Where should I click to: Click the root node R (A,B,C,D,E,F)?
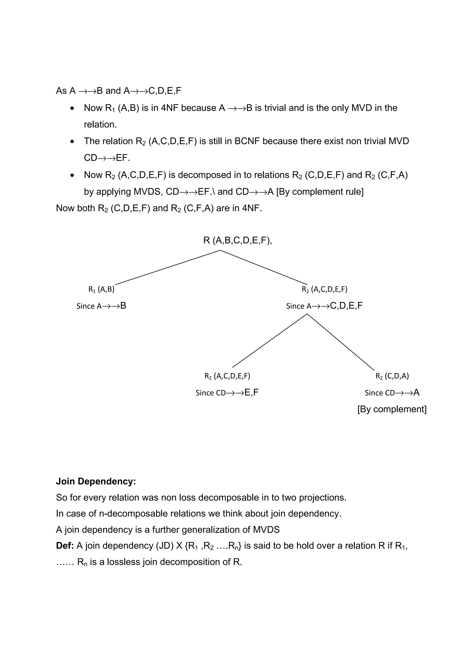[237, 241]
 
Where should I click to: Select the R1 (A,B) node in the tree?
[101, 289]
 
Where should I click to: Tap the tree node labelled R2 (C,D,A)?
[392, 376]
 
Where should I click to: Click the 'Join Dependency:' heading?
[96, 481]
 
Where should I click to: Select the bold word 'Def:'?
[65, 546]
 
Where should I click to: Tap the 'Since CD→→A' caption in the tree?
[392, 393]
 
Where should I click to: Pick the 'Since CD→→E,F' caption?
[227, 393]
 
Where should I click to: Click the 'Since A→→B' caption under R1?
[101, 306]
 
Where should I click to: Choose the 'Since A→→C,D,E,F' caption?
[324, 306]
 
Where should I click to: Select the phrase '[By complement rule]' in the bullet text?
[320, 192]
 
